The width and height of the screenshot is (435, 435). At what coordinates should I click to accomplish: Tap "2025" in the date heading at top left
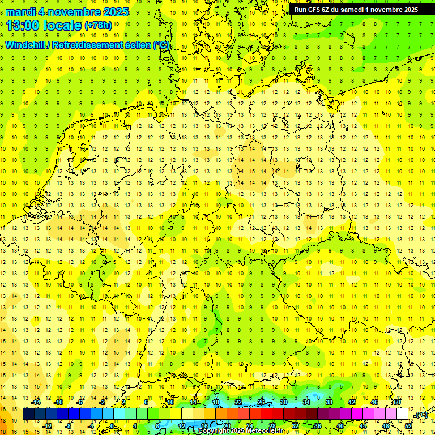(x=113, y=12)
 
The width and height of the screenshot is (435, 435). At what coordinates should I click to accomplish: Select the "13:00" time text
(x=24, y=25)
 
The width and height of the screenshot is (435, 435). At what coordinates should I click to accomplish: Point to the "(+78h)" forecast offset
(x=99, y=25)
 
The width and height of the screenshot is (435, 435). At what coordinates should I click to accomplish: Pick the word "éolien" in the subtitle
(x=134, y=46)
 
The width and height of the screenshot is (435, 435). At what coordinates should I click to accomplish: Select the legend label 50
(x=397, y=402)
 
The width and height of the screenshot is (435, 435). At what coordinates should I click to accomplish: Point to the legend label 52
(x=408, y=426)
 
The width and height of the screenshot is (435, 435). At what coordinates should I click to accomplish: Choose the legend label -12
(x=47, y=426)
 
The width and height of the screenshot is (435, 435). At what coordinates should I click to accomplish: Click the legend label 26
(x=261, y=402)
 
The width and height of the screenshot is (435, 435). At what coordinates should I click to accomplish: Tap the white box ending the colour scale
(x=403, y=414)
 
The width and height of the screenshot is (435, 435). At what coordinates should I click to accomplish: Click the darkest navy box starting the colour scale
(x=28, y=414)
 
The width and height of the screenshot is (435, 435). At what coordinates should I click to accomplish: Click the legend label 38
(x=329, y=402)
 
